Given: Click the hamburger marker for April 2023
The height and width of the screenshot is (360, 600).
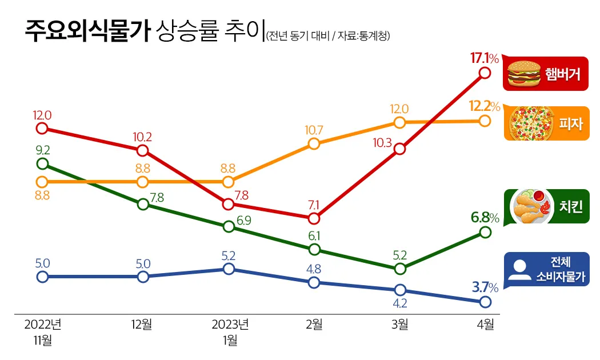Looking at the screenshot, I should coord(485,73).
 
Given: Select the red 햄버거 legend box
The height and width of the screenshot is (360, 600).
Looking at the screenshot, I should coord(546,74).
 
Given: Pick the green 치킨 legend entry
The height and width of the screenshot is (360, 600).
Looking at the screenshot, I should coord(546,206).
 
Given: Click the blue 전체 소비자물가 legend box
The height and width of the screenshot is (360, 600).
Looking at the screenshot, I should coord(546,270).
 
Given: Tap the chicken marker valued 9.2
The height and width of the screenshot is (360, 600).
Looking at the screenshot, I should coord(42,164).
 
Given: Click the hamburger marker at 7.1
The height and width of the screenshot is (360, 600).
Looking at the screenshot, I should coord(314,218).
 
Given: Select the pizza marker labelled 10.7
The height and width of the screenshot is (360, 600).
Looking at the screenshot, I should coord(314,143).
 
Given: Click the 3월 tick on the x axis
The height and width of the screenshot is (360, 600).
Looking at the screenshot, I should coord(399,325).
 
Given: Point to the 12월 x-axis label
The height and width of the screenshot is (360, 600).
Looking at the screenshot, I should coord(142,325).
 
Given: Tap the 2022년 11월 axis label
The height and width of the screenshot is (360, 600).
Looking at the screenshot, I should coord(42,333).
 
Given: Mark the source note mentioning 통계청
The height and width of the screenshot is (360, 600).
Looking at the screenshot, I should coord(329,35).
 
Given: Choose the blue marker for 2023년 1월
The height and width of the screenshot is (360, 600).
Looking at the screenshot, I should coord(229,269).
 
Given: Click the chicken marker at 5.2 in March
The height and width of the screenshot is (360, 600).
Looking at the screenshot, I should coord(400,269).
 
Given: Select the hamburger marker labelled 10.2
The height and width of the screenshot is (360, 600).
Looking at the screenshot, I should coord(143,151).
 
